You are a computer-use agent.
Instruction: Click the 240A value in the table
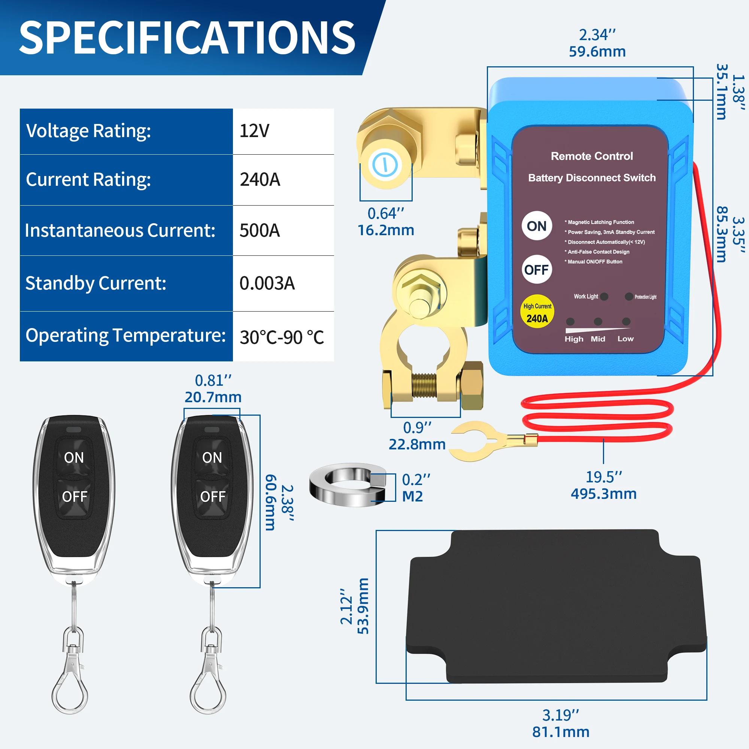coord(260,179)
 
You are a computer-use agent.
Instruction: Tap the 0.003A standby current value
coord(267,283)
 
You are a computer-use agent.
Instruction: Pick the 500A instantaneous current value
coord(260,231)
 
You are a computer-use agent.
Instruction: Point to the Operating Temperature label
coord(125,335)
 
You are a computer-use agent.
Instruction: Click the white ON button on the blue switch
coord(537,226)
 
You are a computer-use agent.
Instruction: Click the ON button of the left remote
coord(74,458)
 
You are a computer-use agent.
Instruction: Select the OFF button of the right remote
coord(212,497)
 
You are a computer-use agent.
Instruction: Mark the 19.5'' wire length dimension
coord(604,477)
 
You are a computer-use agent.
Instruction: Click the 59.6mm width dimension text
coord(597,52)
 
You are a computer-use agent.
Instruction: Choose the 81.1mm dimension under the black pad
coord(561,732)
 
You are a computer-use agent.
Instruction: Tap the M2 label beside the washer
coord(412,496)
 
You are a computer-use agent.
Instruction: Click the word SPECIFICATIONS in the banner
coord(187,37)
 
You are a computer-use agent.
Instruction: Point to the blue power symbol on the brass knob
coord(385,165)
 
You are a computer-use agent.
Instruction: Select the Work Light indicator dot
coord(604,297)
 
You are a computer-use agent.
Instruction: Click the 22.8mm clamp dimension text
coord(417,444)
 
